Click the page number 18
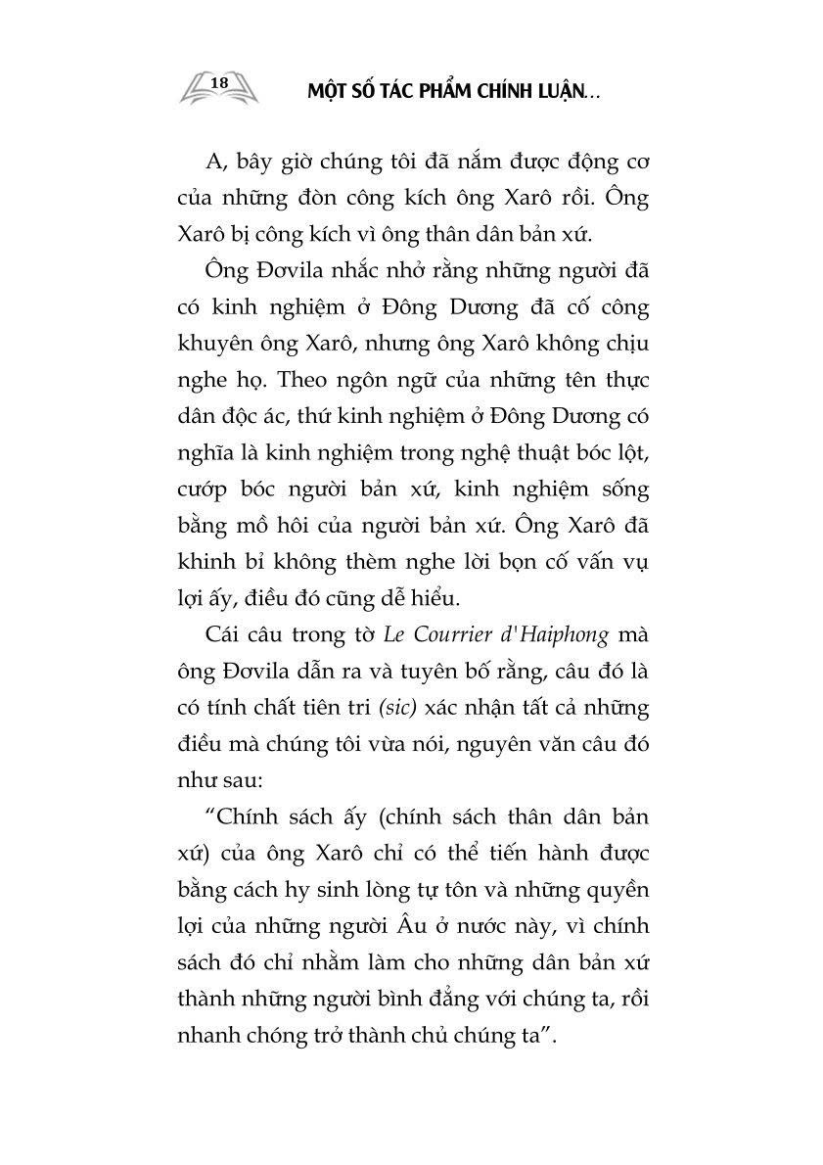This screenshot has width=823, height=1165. (x=219, y=82)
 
